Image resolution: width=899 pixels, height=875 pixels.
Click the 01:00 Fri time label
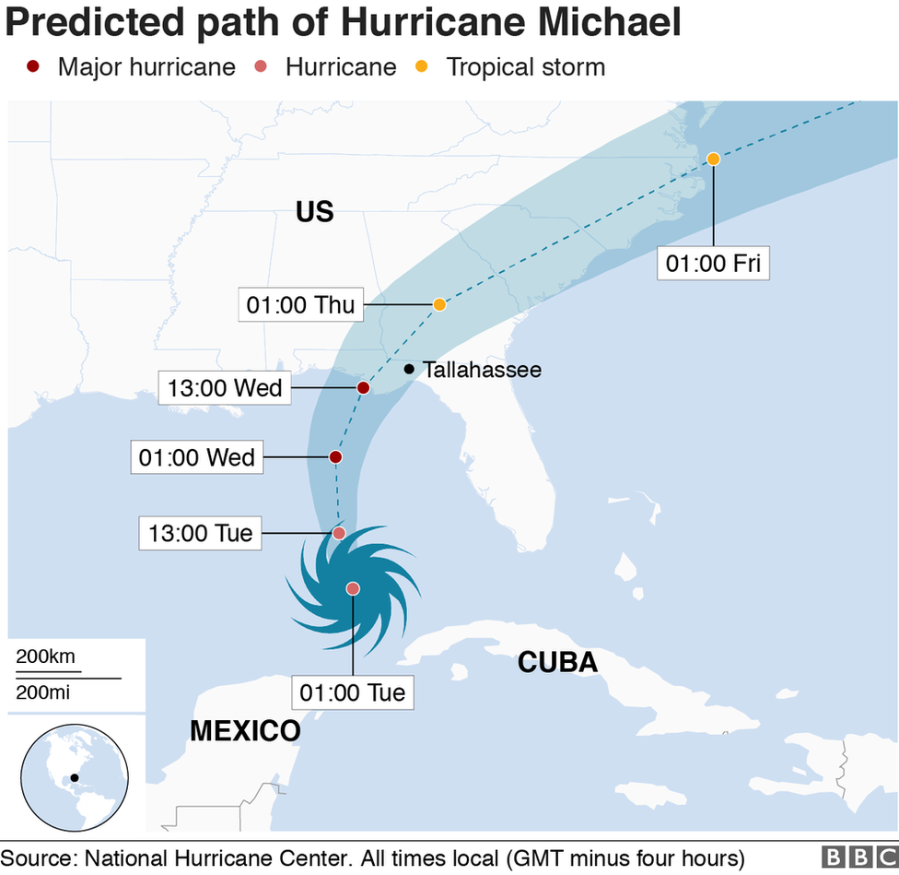[x=713, y=264]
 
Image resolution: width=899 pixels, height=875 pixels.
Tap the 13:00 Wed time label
[x=225, y=388]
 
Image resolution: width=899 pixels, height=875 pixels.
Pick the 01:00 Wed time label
[x=197, y=456]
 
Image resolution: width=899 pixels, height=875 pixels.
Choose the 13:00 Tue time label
[x=199, y=532]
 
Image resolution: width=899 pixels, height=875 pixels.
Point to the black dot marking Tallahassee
[x=409, y=369]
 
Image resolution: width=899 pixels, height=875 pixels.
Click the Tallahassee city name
[x=482, y=370]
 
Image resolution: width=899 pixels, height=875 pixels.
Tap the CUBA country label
[x=557, y=662]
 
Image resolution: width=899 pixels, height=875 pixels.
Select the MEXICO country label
[x=245, y=731]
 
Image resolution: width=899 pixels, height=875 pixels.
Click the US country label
[x=314, y=212]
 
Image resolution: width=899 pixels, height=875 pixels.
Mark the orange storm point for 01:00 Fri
[x=713, y=159]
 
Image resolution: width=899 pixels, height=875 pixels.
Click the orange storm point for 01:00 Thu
[x=439, y=304]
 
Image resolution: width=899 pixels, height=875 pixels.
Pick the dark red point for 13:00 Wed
[x=364, y=388]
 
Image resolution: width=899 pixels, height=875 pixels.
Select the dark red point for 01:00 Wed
[x=335, y=456]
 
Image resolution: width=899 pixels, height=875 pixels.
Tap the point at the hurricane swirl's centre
[x=353, y=588]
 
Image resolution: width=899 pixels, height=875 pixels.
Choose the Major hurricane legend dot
[x=34, y=66]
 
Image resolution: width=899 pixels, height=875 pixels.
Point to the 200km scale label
[x=45, y=657]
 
